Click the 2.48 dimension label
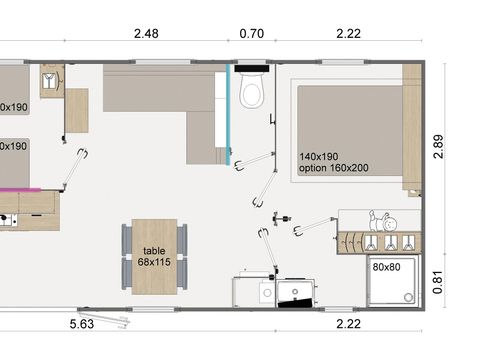[x=146, y=33]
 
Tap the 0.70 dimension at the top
[x=252, y=33]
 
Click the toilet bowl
[x=253, y=94]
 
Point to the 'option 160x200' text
[x=334, y=169]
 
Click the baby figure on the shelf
[x=382, y=221]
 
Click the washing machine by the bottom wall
[x=297, y=292]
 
